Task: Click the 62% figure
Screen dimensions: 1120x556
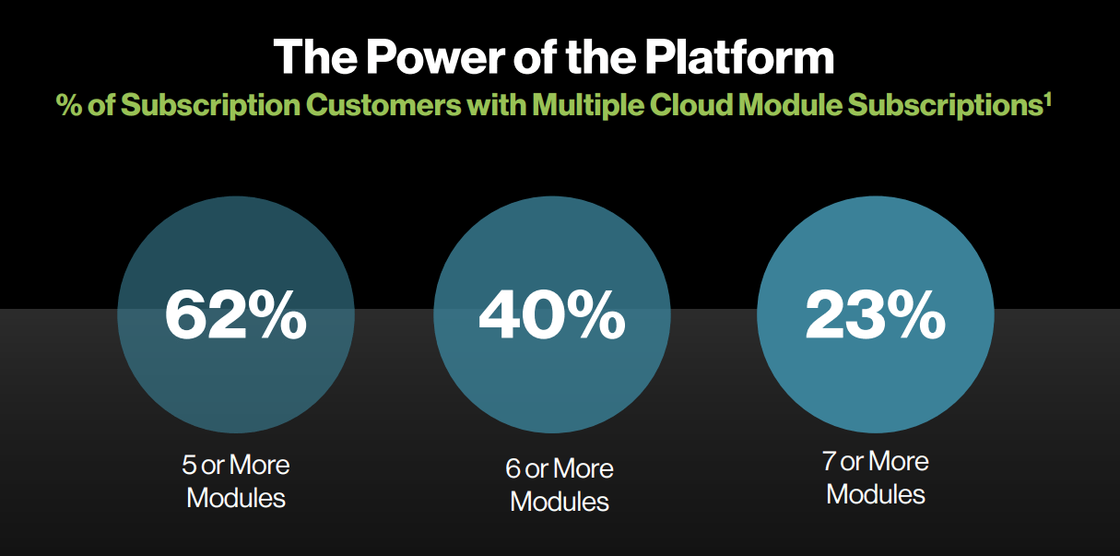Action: tap(235, 316)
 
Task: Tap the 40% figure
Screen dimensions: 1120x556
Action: tap(552, 316)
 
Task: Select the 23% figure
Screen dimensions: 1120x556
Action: tap(876, 316)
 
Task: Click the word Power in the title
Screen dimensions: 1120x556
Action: tap(435, 56)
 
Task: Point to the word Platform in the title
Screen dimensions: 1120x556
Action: tap(739, 57)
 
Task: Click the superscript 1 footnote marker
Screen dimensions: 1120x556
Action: tap(1047, 100)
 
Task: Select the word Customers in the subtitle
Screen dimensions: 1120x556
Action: tap(383, 104)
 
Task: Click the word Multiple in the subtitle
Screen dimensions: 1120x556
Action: tap(587, 105)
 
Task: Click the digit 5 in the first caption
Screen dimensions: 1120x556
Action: tap(189, 465)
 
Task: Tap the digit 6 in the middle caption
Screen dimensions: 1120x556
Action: tap(513, 468)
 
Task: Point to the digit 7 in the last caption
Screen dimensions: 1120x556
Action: tap(829, 461)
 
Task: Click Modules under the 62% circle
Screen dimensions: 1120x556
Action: tap(235, 498)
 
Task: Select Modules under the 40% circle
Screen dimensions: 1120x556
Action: tap(559, 502)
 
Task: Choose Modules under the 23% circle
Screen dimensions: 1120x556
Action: tap(876, 494)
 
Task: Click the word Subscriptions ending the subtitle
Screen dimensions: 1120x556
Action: tap(945, 105)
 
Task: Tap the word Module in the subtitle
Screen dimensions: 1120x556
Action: tap(790, 104)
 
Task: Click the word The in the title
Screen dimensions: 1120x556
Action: tap(315, 56)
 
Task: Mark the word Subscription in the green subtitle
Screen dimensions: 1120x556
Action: tap(210, 105)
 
